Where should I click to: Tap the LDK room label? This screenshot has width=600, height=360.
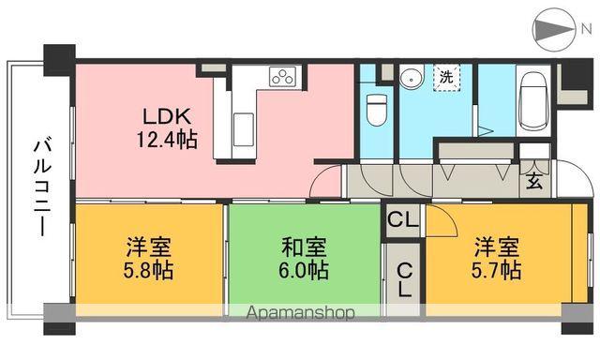pyautogui.click(x=167, y=118)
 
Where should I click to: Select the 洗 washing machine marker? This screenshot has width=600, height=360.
pyautogui.click(x=446, y=77)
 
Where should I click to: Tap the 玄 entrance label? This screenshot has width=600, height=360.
pyautogui.click(x=533, y=181)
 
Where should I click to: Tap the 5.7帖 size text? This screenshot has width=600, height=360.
pyautogui.click(x=497, y=271)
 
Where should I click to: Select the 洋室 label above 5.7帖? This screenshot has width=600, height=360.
pyautogui.click(x=497, y=247)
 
